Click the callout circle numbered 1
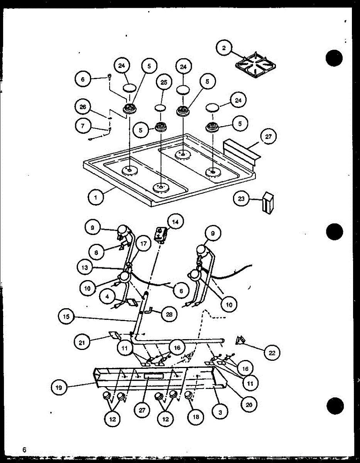tap(95, 198)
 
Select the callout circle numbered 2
tap(224, 48)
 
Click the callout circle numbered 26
tap(83, 107)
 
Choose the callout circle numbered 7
tap(83, 125)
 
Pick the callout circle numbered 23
tap(241, 199)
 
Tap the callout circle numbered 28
tap(168, 314)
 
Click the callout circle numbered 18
tap(196, 417)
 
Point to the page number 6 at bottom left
tap(24, 449)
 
